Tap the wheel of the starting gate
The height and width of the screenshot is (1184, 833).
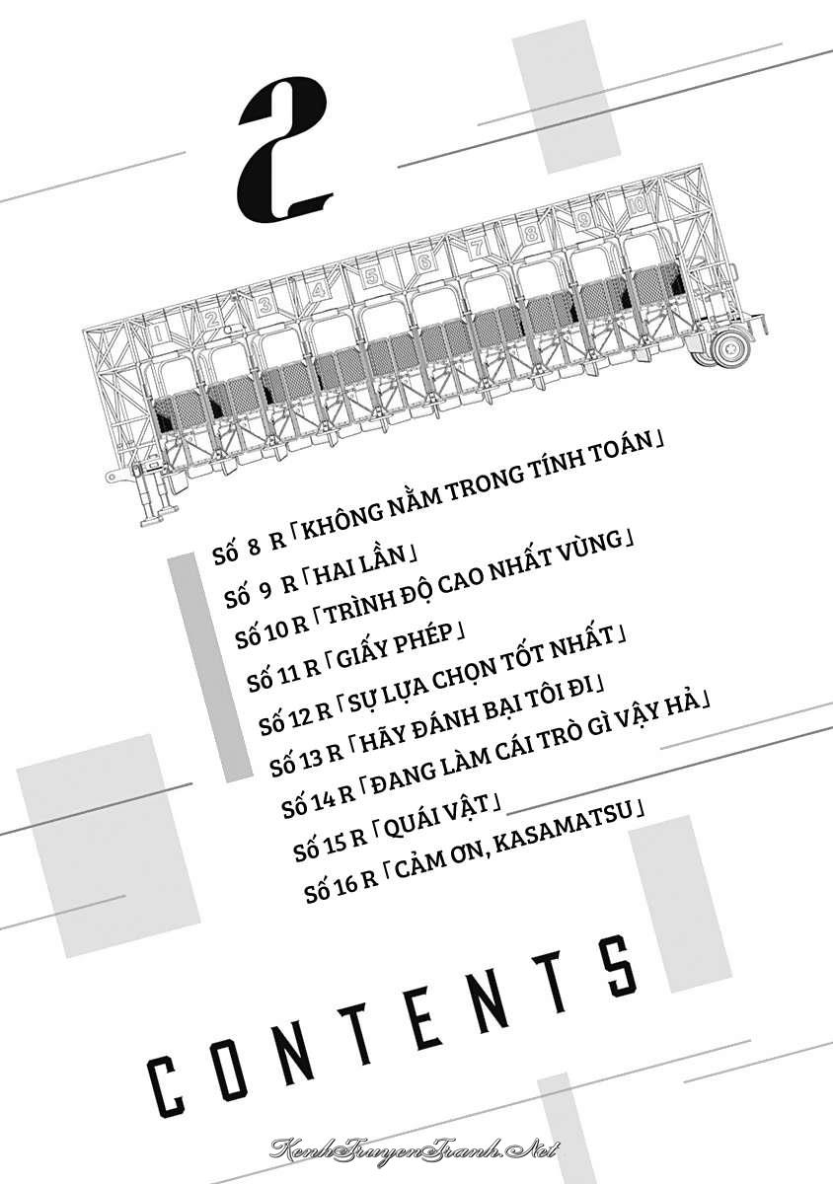coord(730,346)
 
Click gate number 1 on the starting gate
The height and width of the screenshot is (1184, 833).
coord(157,333)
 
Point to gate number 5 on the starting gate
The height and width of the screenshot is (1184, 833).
coord(372,275)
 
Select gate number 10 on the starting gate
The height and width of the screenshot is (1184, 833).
coord(638,205)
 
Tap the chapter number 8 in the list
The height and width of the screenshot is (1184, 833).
coord(255,549)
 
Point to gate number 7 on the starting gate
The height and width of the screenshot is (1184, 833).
coord(478,248)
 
